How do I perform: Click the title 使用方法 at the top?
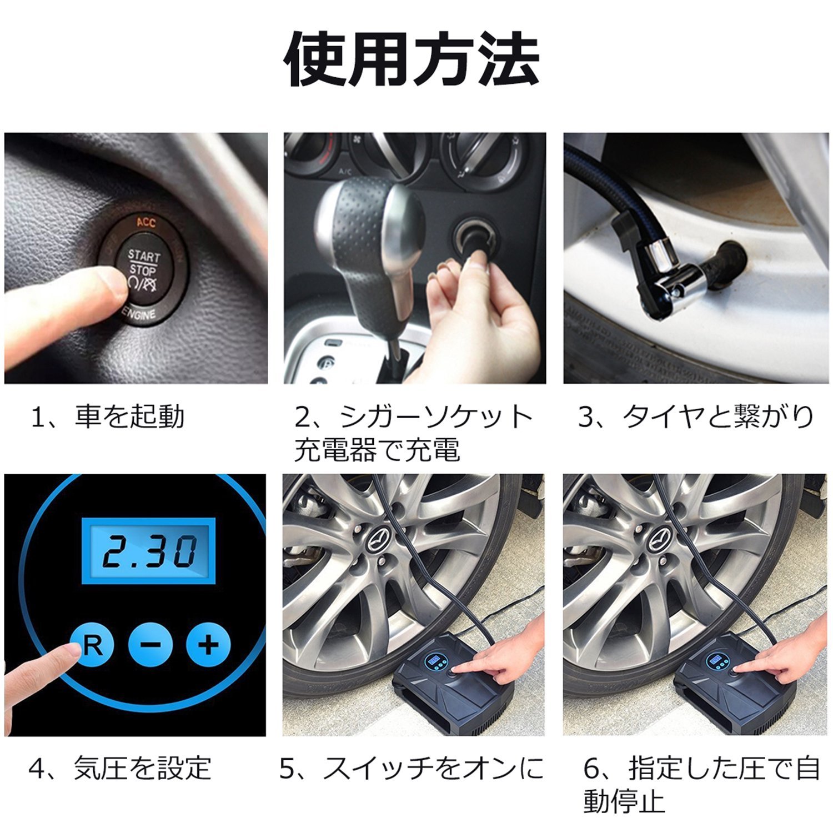[412, 59]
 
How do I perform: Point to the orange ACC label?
[146, 223]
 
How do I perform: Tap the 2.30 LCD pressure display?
[148, 550]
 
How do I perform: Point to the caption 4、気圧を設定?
[120, 769]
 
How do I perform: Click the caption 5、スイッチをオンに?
[412, 769]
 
